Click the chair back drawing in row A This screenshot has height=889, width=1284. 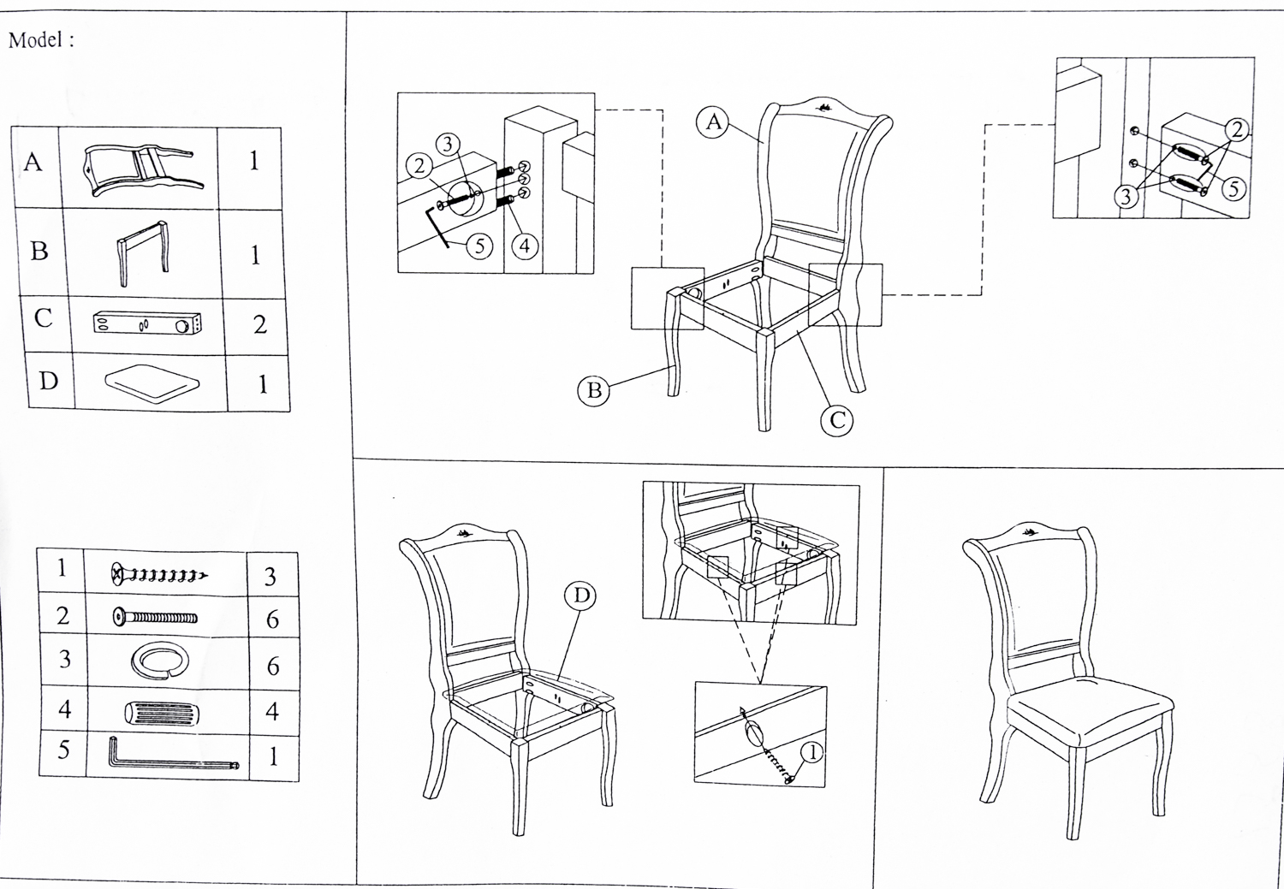click(x=139, y=169)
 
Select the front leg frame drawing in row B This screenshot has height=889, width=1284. click(x=142, y=253)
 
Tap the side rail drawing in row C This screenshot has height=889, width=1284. click(x=146, y=323)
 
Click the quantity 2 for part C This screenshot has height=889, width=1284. click(x=260, y=324)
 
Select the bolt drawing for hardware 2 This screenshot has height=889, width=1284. click(x=155, y=616)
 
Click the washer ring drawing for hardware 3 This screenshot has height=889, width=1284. click(x=159, y=661)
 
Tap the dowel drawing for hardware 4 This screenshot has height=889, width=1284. click(x=163, y=712)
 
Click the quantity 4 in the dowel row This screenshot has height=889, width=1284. click(x=272, y=711)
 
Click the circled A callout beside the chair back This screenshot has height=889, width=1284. click(x=714, y=122)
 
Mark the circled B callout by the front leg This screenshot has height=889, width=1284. click(x=593, y=391)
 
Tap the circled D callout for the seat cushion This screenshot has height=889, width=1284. click(x=581, y=596)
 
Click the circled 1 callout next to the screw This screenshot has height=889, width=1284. click(x=811, y=752)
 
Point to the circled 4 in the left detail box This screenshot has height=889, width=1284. click(x=525, y=246)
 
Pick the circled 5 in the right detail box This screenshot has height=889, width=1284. click(x=1233, y=188)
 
